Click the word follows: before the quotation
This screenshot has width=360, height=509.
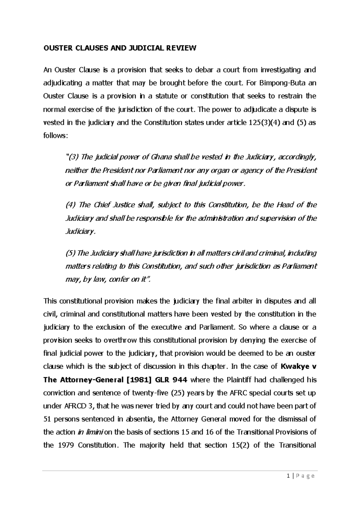point(56,136)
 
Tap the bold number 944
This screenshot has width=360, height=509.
point(180,380)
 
